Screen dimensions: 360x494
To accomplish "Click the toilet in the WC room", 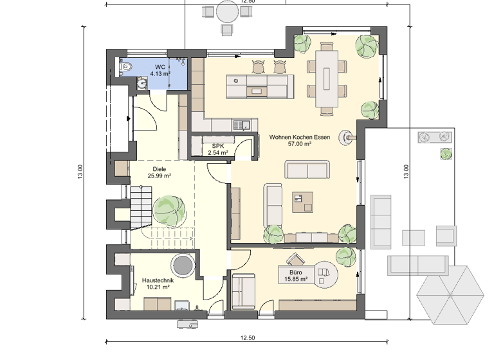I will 125,67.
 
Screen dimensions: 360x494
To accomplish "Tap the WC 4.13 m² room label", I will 159,70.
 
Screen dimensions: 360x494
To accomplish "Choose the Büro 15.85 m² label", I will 295,276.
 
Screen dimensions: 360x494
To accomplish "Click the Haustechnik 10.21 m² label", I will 156,283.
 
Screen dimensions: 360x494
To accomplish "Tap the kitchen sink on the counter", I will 242,124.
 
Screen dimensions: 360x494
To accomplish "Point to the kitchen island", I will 258,85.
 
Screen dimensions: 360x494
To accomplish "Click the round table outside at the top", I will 227,12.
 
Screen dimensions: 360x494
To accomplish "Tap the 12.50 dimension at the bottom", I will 248,338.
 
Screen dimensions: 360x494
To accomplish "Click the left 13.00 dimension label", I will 80,171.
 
